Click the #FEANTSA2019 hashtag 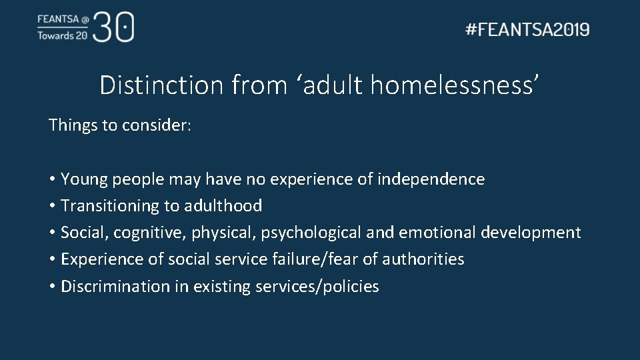tap(527, 29)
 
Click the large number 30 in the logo tap(114, 27)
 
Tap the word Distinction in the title tap(162, 85)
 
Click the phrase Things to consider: tap(120, 125)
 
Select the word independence tap(431, 179)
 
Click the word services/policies tap(317, 287)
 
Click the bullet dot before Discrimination tap(51, 287)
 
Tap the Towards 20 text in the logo tap(62, 35)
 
